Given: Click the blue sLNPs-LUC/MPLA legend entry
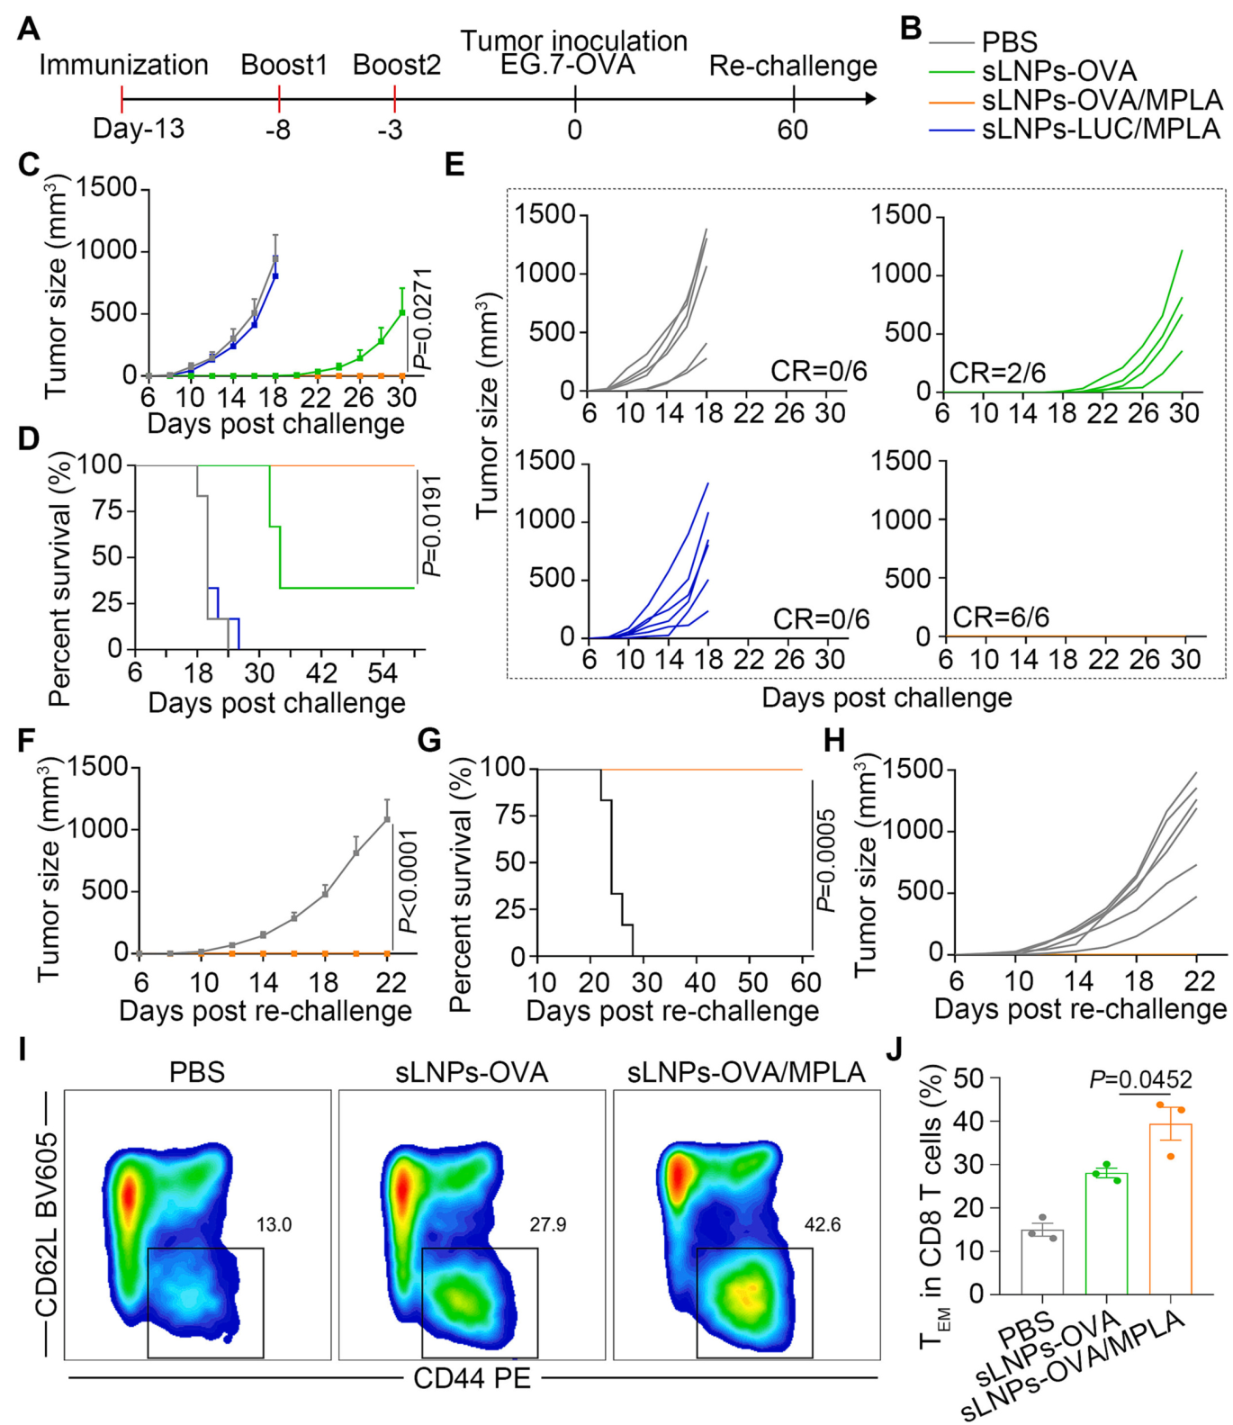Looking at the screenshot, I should pos(1100,130).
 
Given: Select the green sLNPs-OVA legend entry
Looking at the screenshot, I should pos(1058,71).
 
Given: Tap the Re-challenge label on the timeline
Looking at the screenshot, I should pos(793,66).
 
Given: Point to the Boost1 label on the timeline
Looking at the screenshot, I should pos(283,65).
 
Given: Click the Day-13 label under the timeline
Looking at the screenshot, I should pos(139,129).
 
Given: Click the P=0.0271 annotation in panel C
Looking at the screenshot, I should pos(421,320).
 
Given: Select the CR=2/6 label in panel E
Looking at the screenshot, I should pos(997,373).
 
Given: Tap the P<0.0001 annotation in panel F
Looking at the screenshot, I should pos(408,882).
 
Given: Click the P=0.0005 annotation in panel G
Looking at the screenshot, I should pos(825,861).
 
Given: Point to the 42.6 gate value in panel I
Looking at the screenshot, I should pos(823,1225).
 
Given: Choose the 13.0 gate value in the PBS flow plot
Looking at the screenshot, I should pos(274,1225).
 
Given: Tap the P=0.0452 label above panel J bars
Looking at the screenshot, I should pos(1140,1079).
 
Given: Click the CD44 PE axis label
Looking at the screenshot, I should pos(472,1378).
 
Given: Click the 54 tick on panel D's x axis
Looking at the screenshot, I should pos(382,673).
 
